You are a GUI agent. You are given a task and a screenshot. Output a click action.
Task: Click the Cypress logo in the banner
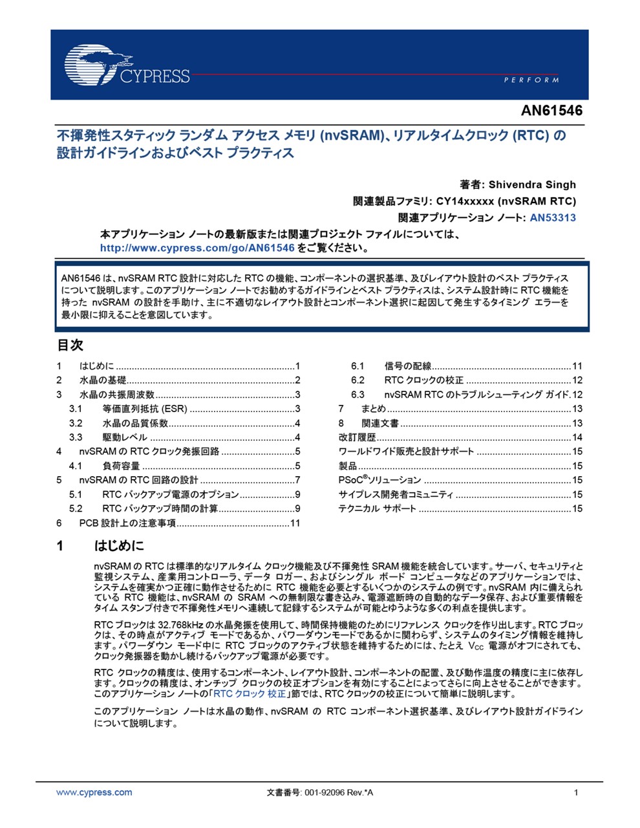pyautogui.click(x=127, y=65)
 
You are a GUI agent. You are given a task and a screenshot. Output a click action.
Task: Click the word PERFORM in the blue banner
pyautogui.click(x=531, y=80)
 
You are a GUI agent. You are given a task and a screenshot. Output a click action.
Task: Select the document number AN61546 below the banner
pyautogui.click(x=551, y=111)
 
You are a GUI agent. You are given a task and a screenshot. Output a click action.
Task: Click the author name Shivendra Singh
pyautogui.click(x=532, y=184)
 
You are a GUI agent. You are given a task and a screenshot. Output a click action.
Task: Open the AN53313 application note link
pyautogui.click(x=553, y=218)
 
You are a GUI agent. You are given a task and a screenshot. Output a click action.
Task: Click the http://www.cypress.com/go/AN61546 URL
pyautogui.click(x=197, y=248)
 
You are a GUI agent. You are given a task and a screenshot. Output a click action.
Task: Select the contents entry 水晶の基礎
pyautogui.click(x=103, y=380)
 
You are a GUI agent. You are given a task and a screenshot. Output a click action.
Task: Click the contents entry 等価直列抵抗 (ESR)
pyautogui.click(x=144, y=409)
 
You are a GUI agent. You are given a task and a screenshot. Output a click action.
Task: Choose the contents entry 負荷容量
pyautogui.click(x=121, y=466)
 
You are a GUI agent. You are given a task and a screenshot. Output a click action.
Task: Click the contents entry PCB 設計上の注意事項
pyautogui.click(x=127, y=523)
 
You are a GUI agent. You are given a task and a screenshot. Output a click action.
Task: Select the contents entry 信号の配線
pyautogui.click(x=408, y=366)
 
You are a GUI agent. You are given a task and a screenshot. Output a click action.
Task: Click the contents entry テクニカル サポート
pyautogui.click(x=377, y=508)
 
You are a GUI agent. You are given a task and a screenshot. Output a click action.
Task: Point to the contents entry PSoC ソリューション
pyautogui.click(x=379, y=480)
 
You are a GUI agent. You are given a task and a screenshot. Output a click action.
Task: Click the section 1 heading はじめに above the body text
pyautogui.click(x=120, y=545)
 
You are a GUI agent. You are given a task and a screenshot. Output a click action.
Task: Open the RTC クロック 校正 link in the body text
pyautogui.click(x=250, y=694)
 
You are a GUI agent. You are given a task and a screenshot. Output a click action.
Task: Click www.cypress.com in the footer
pyautogui.click(x=94, y=792)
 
